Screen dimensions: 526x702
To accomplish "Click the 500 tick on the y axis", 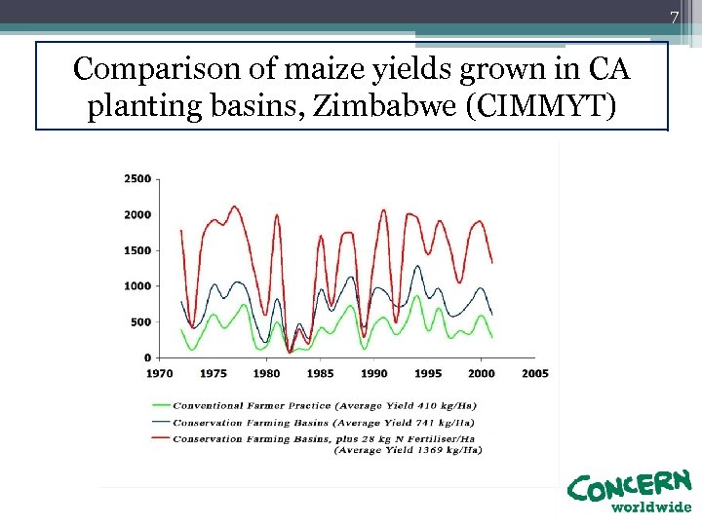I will (x=140, y=322).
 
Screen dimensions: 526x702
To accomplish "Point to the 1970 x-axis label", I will (x=160, y=373).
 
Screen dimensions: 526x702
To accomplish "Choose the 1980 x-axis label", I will (x=267, y=373).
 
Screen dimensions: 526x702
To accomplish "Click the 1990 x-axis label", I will (x=374, y=373).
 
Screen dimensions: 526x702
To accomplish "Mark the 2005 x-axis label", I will (x=535, y=373).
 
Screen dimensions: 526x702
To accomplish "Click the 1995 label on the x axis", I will (x=428, y=373).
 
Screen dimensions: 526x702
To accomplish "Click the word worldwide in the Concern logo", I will (x=650, y=507).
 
